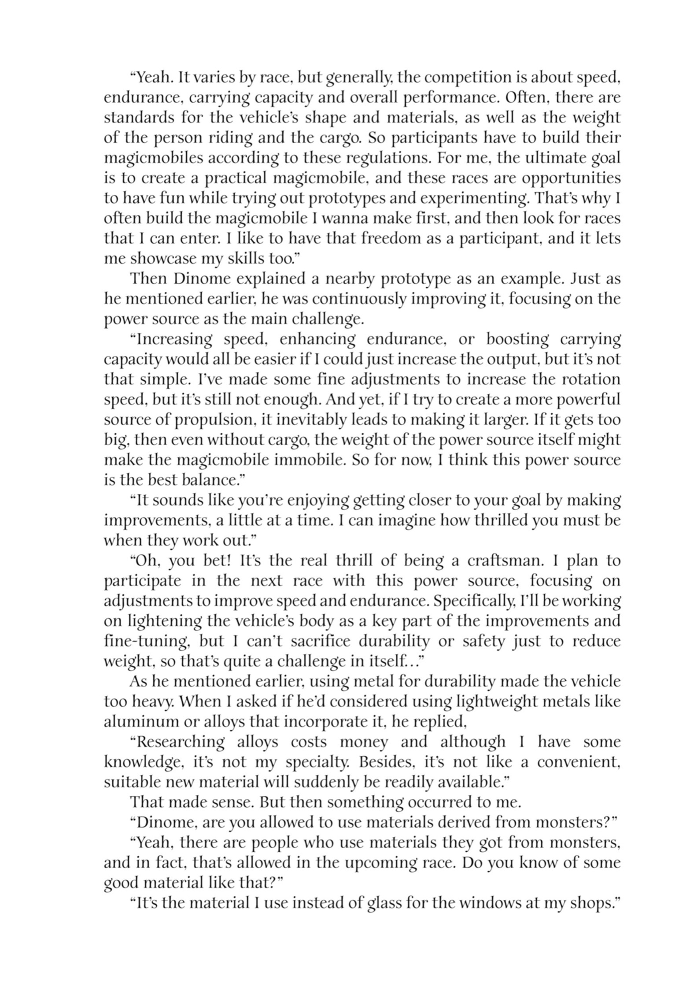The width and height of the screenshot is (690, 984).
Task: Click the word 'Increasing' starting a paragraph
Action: (x=174, y=339)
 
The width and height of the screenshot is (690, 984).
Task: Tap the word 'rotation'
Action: (x=592, y=379)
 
